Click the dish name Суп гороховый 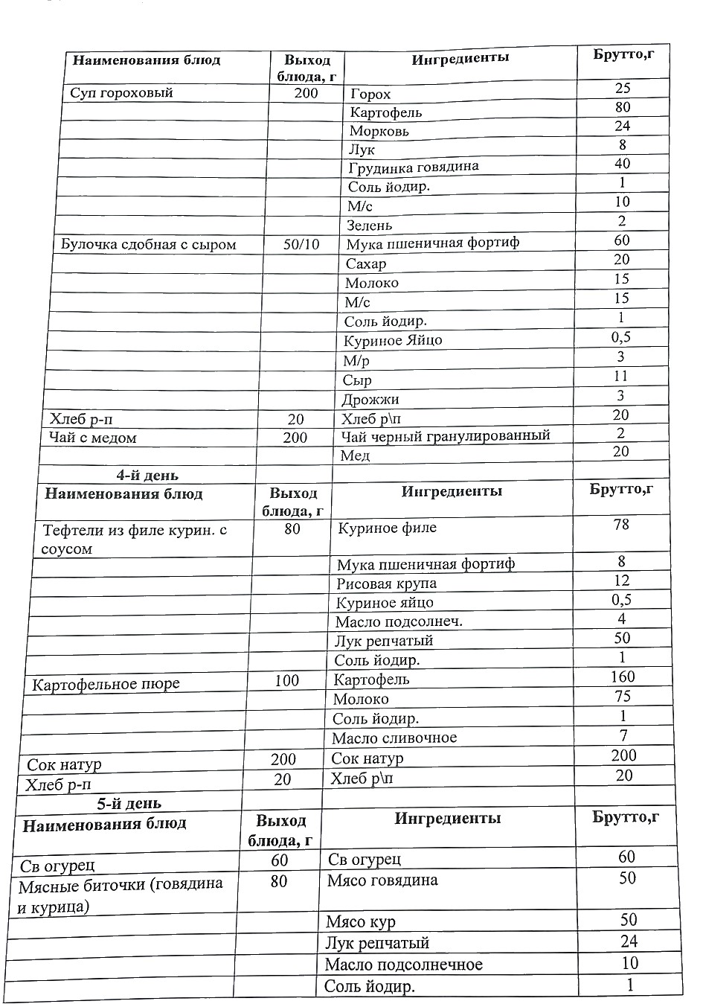click(x=121, y=93)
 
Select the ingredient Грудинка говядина click(x=413, y=167)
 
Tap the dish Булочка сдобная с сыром click(x=148, y=244)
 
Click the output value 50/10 click(x=301, y=244)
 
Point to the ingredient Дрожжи click(x=370, y=400)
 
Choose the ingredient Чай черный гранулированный click(x=445, y=435)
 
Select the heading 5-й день click(x=129, y=804)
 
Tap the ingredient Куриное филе click(x=387, y=528)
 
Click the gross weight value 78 click(x=621, y=525)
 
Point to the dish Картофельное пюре click(x=106, y=684)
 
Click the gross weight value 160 click(x=622, y=677)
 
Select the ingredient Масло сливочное click(x=394, y=738)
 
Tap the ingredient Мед click(x=355, y=455)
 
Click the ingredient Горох click(x=370, y=95)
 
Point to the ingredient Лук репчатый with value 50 click(x=383, y=641)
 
